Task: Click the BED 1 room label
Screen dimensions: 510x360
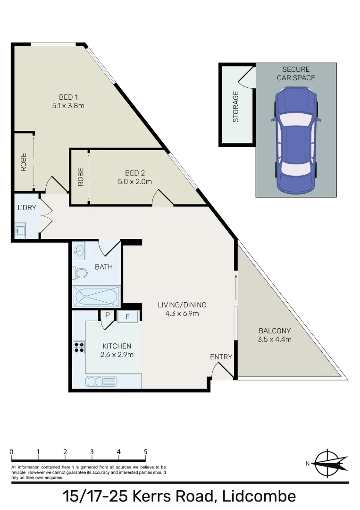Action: coord(68,97)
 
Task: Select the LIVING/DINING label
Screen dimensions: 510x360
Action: coord(182,305)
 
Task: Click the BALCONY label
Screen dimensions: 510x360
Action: coord(275,331)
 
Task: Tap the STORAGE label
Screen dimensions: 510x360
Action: coord(236,107)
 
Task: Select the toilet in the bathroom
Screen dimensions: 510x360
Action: coord(80,273)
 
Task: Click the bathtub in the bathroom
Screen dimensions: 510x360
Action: coord(96,297)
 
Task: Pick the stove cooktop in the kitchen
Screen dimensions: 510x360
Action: coord(79,348)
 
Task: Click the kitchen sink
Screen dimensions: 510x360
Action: coord(101,381)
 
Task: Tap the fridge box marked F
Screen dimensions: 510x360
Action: coord(127,317)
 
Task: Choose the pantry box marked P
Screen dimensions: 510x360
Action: coord(107,315)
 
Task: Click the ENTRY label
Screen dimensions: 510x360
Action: coord(221,357)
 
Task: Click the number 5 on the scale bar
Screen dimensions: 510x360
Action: coord(145,452)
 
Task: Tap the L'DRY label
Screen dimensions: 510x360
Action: coord(26,208)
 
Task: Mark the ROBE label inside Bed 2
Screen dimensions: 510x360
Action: coord(81,177)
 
